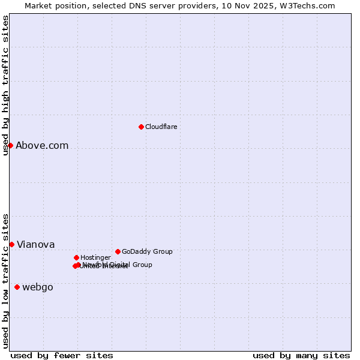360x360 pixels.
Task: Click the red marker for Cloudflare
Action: (141, 127)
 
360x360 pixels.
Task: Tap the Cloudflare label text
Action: (161, 127)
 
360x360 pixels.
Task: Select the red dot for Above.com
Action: (10, 145)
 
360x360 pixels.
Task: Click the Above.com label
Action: (42, 145)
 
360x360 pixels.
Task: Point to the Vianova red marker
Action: (11, 244)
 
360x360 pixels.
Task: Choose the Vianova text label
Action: (35, 244)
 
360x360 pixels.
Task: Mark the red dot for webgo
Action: (17, 287)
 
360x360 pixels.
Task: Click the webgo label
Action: (37, 287)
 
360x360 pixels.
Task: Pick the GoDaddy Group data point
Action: (118, 251)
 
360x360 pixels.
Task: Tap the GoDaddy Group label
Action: (147, 251)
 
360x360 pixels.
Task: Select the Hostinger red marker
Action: (76, 257)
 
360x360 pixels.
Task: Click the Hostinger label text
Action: (95, 257)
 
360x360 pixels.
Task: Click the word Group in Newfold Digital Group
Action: (142, 265)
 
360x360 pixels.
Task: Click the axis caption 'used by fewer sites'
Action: (62, 355)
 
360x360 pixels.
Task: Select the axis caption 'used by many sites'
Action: (301, 355)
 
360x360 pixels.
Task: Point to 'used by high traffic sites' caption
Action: (5, 85)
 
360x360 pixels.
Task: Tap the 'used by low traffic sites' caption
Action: (5, 281)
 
